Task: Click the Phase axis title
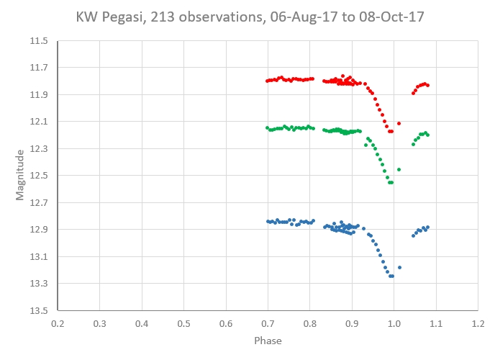click(267, 341)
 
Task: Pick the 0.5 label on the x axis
click(183, 324)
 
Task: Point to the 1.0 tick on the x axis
click(394, 324)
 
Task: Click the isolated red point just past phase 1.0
click(399, 123)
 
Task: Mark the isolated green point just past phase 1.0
click(399, 169)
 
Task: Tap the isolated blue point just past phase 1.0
click(399, 267)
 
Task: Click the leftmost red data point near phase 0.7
click(267, 81)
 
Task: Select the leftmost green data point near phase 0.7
click(267, 127)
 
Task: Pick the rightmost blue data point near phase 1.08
click(427, 228)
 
